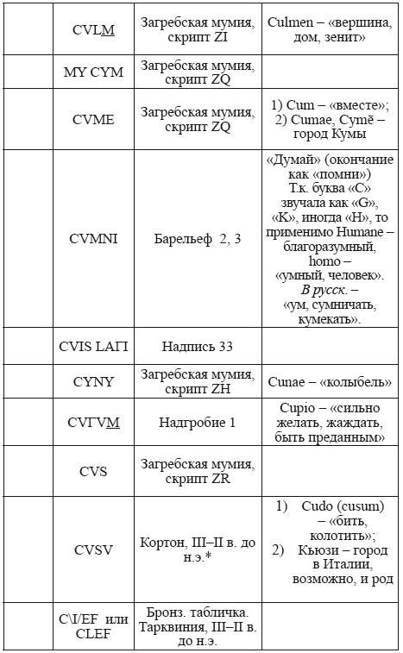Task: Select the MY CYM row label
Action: pyautogui.click(x=94, y=72)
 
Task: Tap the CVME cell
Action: pyautogui.click(x=94, y=121)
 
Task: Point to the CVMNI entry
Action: pyautogui.click(x=94, y=239)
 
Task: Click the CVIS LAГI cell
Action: pyautogui.click(x=94, y=346)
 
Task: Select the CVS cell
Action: pyautogui.click(x=94, y=471)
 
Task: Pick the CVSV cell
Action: pyautogui.click(x=94, y=551)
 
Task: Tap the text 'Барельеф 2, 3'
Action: pyautogui.click(x=199, y=239)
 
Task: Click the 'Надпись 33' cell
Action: pyautogui.click(x=199, y=346)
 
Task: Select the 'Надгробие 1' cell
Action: pyautogui.click(x=199, y=423)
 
